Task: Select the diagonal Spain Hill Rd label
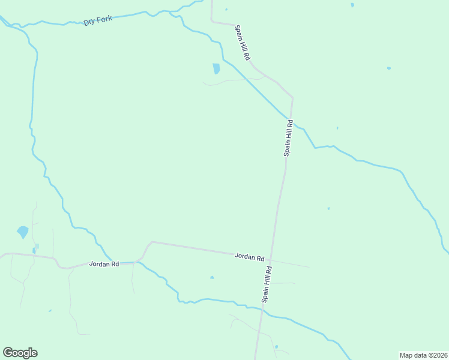coord(243,43)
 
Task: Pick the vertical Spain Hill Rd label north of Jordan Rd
coord(288,138)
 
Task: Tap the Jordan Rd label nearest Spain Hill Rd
coord(249,257)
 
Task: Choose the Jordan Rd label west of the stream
coord(104,263)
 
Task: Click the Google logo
coord(20,353)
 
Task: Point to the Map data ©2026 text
coord(423,355)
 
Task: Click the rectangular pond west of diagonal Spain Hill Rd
coord(216,68)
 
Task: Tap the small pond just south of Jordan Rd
coord(212,277)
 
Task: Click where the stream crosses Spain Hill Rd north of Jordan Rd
coord(291,119)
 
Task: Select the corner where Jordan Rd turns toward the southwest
coord(152,242)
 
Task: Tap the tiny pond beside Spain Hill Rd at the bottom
coord(276,347)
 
